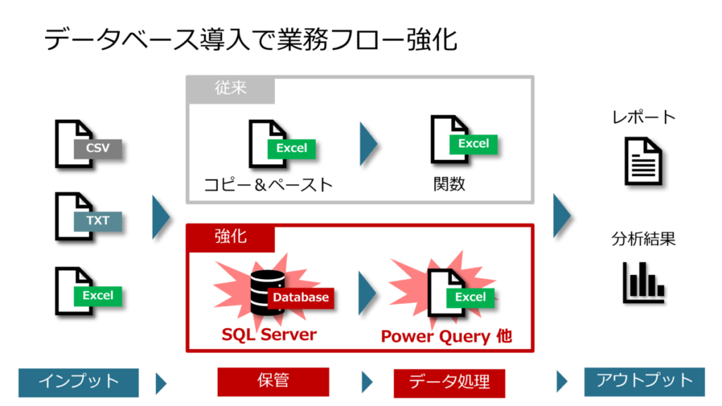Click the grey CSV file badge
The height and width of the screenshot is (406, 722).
point(97,149)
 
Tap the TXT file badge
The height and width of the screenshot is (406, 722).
point(97,221)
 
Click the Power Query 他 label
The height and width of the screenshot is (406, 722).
point(446,336)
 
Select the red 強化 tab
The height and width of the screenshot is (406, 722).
point(231,237)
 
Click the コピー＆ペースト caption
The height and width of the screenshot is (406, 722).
point(268,185)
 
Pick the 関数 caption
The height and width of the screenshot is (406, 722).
point(449,184)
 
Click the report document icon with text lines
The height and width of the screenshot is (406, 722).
point(643,161)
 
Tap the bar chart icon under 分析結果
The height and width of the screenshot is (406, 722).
point(643,282)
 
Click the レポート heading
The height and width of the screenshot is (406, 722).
point(644,117)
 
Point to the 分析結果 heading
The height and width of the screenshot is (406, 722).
point(644,239)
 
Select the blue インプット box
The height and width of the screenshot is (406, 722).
point(78,382)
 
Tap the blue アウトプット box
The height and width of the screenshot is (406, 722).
point(644,381)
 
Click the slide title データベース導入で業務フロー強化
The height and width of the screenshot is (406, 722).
point(250,39)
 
